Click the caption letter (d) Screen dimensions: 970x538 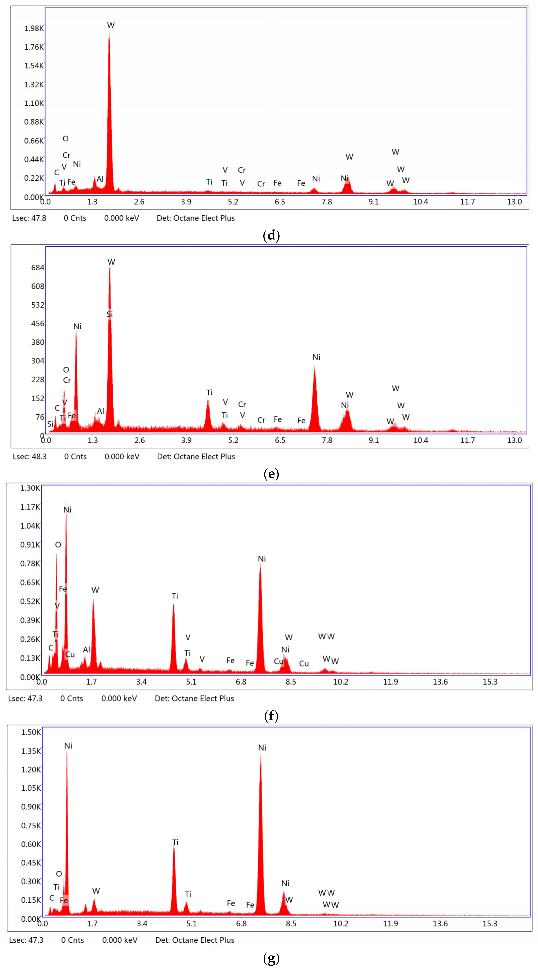(271, 236)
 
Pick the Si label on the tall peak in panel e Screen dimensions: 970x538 (110, 314)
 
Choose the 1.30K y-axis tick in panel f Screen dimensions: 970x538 (30, 488)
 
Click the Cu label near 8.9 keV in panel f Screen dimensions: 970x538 (304, 663)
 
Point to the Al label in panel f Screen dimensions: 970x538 (87, 650)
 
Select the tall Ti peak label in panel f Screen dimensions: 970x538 (175, 596)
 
